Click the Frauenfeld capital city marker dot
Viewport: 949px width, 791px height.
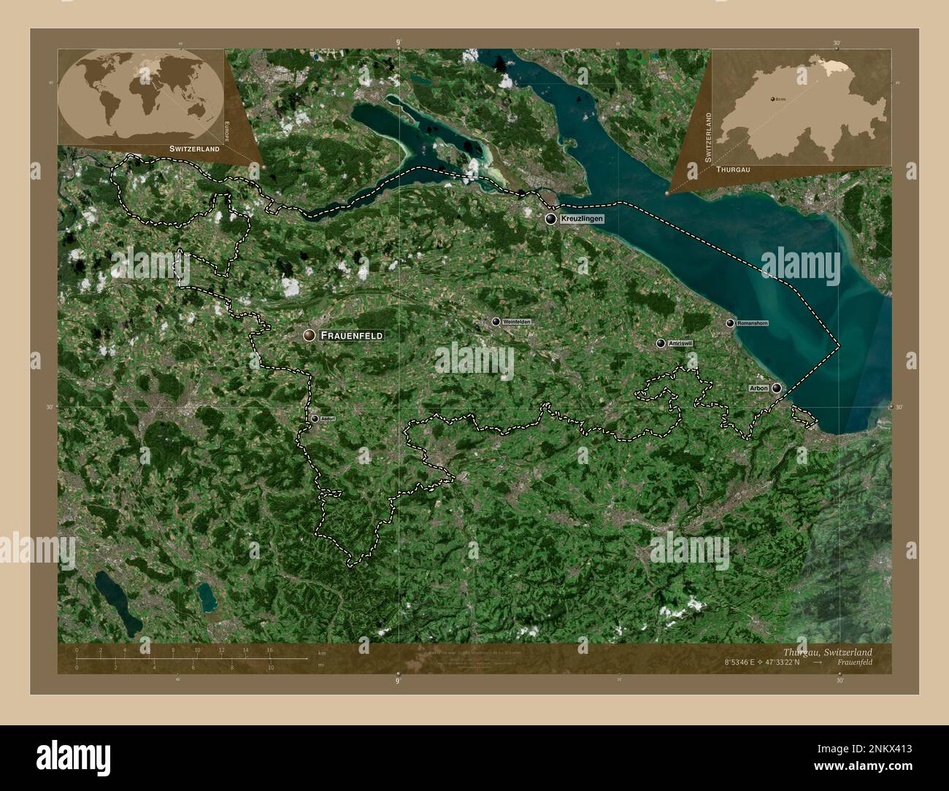pyautogui.click(x=310, y=335)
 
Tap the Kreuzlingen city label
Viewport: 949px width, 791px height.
pyautogui.click(x=583, y=218)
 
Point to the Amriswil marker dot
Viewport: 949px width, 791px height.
pyautogui.click(x=661, y=343)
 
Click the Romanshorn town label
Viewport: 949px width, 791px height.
pyautogui.click(x=752, y=323)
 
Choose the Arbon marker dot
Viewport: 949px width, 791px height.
pyautogui.click(x=777, y=388)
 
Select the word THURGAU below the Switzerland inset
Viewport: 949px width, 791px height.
pyautogui.click(x=734, y=169)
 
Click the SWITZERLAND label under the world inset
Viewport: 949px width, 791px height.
pyautogui.click(x=194, y=148)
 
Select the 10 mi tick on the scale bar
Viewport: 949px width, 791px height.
pyautogui.click(x=270, y=665)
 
